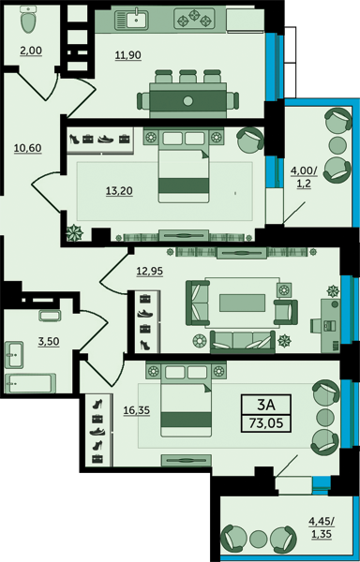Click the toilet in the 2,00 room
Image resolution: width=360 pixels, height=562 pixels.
(x=29, y=20)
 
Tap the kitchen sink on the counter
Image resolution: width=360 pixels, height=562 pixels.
(x=131, y=19)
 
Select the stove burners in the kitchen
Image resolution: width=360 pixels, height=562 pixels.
(x=194, y=19)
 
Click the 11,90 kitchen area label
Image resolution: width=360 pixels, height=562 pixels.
(x=128, y=55)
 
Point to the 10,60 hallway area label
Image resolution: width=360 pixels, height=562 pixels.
(x=28, y=148)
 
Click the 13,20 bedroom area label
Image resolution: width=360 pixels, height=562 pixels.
(x=119, y=191)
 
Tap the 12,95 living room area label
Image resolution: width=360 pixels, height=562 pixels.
(x=149, y=272)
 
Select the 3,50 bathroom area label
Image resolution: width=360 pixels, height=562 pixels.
(x=49, y=341)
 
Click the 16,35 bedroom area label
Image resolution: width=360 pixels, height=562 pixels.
(x=137, y=411)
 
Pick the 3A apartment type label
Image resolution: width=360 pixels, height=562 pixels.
(x=265, y=405)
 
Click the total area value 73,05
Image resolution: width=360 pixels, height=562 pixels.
(x=265, y=423)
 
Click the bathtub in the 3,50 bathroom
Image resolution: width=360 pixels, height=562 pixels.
(x=31, y=383)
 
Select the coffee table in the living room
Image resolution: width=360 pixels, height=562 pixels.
(x=243, y=303)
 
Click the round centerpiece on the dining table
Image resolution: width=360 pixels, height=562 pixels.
(x=187, y=101)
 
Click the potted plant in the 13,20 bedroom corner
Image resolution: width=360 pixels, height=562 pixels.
(x=74, y=232)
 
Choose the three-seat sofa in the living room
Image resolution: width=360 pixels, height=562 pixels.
(x=243, y=342)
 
